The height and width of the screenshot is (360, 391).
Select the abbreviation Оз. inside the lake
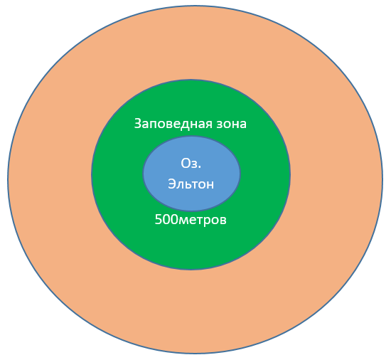pyautogui.click(x=191, y=164)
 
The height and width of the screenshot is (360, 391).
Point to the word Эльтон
pyautogui.click(x=191, y=184)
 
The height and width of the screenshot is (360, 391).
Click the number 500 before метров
pyautogui.click(x=166, y=220)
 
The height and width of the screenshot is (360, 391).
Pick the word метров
pyautogui.click(x=202, y=221)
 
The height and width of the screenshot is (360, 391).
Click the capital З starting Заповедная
pyautogui.click(x=138, y=124)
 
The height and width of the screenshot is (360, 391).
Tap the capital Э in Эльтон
pyautogui.click(x=172, y=184)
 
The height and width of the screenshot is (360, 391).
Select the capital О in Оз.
pyautogui.click(x=186, y=164)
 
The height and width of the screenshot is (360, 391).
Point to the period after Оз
pyautogui.click(x=200, y=167)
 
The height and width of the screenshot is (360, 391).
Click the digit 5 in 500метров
pyautogui.click(x=159, y=220)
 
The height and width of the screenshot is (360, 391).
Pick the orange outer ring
pyautogui.click(x=50, y=179)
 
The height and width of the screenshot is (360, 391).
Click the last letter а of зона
pyautogui.click(x=243, y=125)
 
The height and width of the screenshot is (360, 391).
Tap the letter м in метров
pyautogui.click(x=182, y=221)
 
